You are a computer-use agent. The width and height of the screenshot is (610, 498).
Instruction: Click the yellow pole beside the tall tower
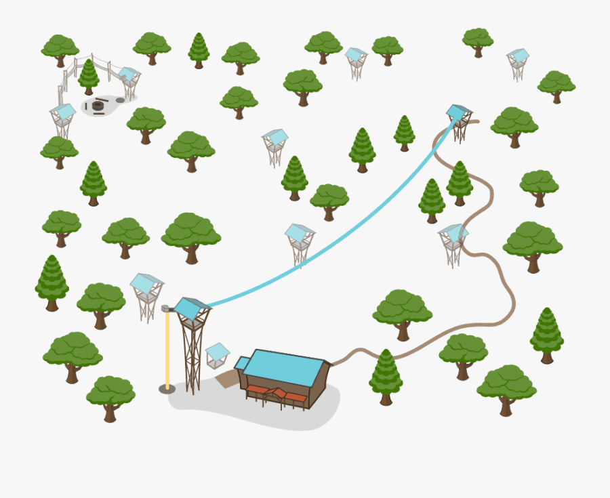point(167,349)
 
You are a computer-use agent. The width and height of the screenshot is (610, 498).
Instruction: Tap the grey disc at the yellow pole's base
point(167,389)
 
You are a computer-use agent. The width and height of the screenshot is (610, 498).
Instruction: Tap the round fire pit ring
point(98,106)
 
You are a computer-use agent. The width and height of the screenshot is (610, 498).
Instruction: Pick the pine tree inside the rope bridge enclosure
point(88,76)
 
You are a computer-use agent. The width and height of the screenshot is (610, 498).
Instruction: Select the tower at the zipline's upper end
point(460,121)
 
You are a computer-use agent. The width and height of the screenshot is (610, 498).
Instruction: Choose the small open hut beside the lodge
point(217,356)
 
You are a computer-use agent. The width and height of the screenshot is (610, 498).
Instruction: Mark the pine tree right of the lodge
point(386,377)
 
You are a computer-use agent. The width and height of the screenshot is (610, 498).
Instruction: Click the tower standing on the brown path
point(452,244)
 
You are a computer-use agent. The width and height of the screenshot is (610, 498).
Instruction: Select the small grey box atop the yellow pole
point(165,308)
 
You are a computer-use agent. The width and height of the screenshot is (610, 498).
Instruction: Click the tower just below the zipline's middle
point(300,244)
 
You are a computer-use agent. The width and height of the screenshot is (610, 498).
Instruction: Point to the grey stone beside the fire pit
point(120,100)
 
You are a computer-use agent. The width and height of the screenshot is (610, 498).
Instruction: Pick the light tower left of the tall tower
point(146,295)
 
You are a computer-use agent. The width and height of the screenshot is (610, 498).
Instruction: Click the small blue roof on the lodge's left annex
point(242,363)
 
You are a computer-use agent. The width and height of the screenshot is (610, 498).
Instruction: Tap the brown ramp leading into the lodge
point(226,379)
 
